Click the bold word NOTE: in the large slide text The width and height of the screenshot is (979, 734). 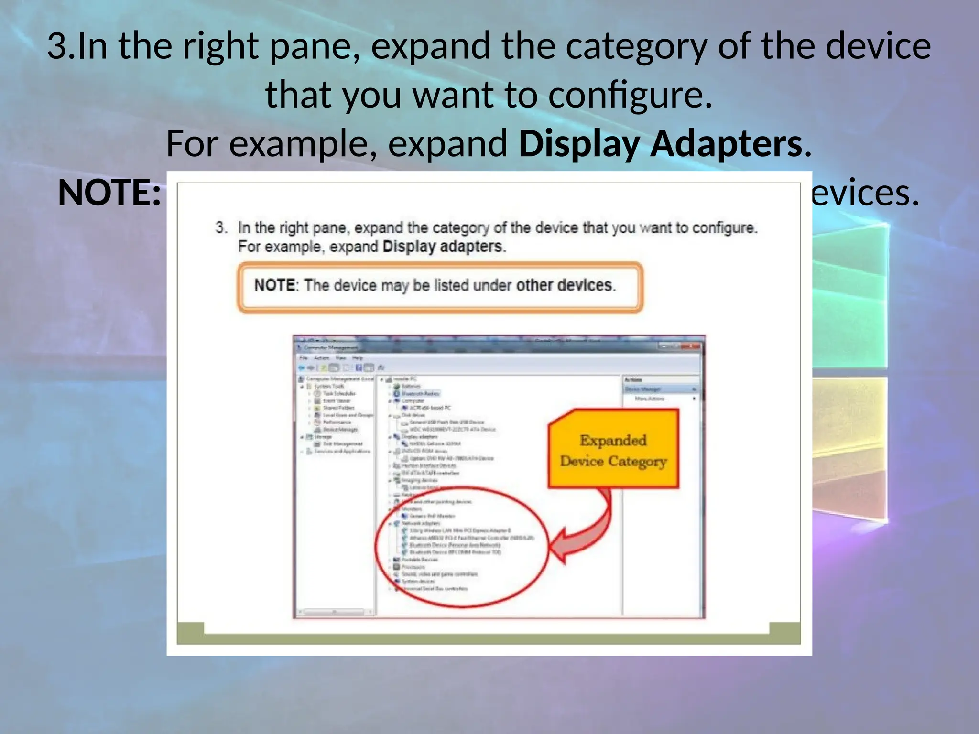click(x=109, y=193)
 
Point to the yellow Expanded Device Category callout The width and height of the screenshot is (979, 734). click(x=613, y=449)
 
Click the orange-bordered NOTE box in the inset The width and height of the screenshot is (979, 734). click(x=440, y=287)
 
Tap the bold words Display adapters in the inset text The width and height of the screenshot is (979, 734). click(x=443, y=247)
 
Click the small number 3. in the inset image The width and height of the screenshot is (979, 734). click(x=221, y=227)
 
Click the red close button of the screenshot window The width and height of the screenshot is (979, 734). click(x=692, y=346)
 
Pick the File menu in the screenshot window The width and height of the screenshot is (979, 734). click(x=304, y=358)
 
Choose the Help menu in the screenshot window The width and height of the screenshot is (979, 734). click(x=358, y=358)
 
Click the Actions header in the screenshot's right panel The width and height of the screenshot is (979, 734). click(x=633, y=379)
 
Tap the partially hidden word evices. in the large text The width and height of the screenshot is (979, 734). click(x=865, y=193)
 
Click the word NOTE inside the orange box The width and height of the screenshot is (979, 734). click(x=274, y=285)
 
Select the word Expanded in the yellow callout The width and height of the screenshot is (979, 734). click(x=613, y=440)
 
